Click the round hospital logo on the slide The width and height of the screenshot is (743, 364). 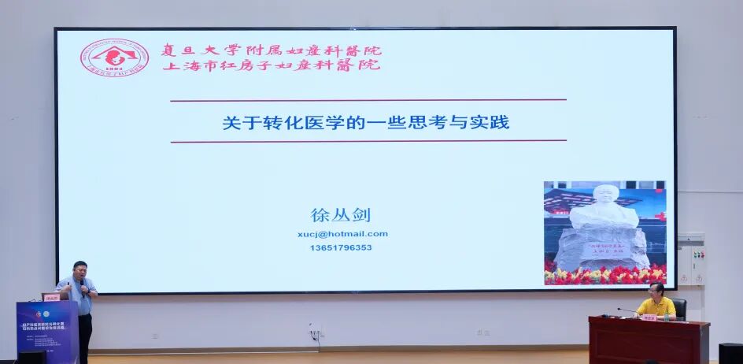point(115,58)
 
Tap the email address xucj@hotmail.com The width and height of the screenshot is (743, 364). point(342,234)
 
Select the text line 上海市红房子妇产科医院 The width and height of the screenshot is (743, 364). point(271,65)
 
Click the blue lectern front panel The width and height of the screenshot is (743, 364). point(46,332)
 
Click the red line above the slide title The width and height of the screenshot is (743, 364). point(368,100)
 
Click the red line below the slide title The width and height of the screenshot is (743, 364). point(368,141)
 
